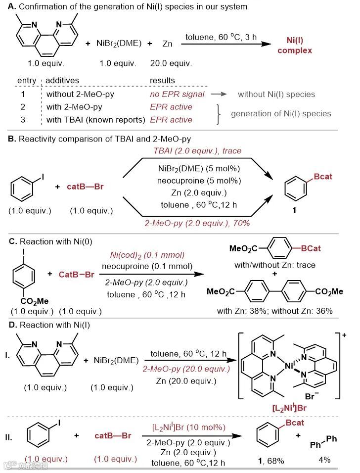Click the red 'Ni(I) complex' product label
pyautogui.click(x=298, y=45)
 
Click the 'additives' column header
pyautogui.click(x=62, y=80)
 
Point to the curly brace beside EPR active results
pyautogui.click(x=221, y=113)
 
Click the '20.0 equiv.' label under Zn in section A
pyautogui.click(x=169, y=64)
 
